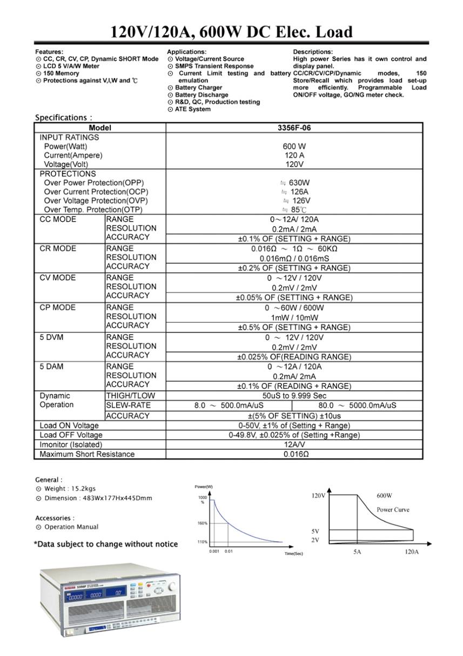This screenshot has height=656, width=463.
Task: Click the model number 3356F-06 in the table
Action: click(x=294, y=128)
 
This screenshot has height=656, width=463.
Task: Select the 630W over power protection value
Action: click(x=295, y=183)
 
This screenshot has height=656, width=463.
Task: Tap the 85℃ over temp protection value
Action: click(x=295, y=210)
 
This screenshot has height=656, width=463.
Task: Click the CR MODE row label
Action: click(x=58, y=249)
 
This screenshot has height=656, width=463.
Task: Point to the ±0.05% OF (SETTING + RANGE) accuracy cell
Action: click(x=294, y=297)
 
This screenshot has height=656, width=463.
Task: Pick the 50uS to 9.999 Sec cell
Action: click(x=294, y=396)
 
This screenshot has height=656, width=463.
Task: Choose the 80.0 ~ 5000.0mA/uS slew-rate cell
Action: click(x=357, y=406)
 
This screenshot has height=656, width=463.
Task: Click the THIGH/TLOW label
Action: click(x=130, y=396)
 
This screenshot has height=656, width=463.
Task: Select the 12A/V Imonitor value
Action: click(x=294, y=445)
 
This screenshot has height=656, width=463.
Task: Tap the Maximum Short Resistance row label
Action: click(x=87, y=454)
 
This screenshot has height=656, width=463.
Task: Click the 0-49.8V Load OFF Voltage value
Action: click(x=294, y=435)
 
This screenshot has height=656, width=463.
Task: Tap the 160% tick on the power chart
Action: click(x=203, y=523)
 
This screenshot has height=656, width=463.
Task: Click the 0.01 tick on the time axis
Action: click(x=229, y=551)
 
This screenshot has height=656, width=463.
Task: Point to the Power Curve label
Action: click(x=393, y=509)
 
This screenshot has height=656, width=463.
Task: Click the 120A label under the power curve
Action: click(x=411, y=553)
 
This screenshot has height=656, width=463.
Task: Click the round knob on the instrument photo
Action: click(x=172, y=587)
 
